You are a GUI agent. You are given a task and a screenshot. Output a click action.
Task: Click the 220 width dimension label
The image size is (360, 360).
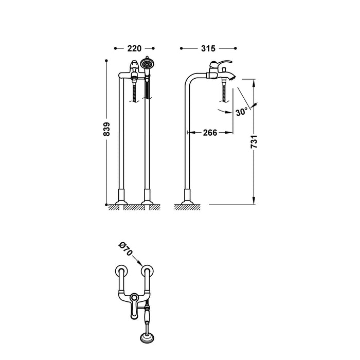point(134,48)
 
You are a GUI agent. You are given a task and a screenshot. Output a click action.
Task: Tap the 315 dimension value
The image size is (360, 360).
point(208,48)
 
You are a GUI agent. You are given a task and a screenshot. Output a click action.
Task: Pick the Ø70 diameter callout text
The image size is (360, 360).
point(126,250)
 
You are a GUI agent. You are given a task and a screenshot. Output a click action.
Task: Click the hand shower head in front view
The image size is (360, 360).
point(148,64)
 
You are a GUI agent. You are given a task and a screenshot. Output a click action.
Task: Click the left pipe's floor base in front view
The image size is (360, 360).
point(122,197)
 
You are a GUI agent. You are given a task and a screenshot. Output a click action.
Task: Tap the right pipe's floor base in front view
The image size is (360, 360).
point(148,197)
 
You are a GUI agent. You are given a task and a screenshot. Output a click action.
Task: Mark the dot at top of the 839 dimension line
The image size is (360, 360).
point(106,61)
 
